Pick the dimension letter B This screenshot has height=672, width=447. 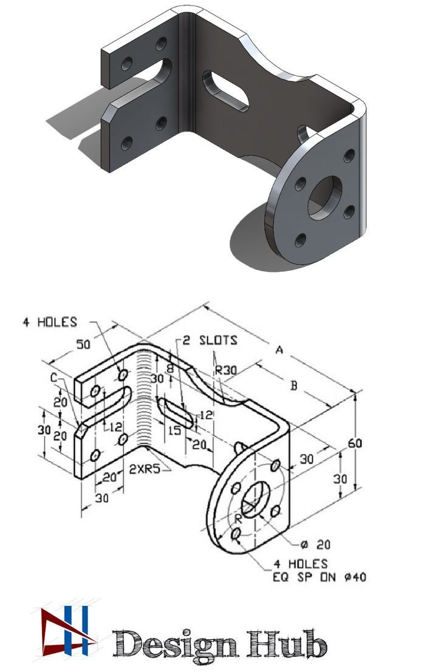[293, 386]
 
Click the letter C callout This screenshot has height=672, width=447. [53, 378]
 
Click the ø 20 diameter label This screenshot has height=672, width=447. [316, 544]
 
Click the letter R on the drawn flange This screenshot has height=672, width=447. [239, 518]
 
